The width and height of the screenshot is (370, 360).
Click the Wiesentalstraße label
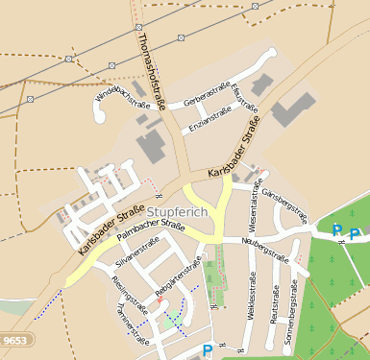pos(256,207)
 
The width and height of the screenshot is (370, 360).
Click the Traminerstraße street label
pos(127,313)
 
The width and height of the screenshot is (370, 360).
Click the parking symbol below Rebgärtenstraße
pos(208,351)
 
